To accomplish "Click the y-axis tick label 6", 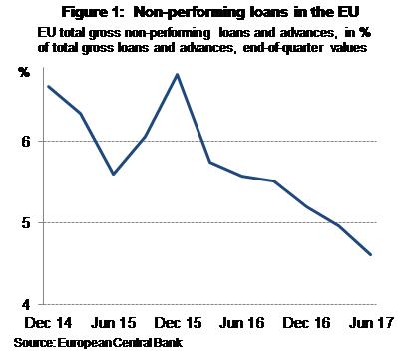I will [25, 142].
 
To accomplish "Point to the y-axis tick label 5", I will [25, 223].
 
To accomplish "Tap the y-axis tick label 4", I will [25, 304].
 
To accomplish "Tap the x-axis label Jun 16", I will [241, 324].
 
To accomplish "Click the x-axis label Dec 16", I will [307, 324].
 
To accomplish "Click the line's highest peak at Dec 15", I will [177, 74].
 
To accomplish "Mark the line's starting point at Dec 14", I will [49, 86].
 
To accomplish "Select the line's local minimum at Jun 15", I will [113, 174].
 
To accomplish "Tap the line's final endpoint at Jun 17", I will [371, 254].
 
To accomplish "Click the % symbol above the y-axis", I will [25, 72].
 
